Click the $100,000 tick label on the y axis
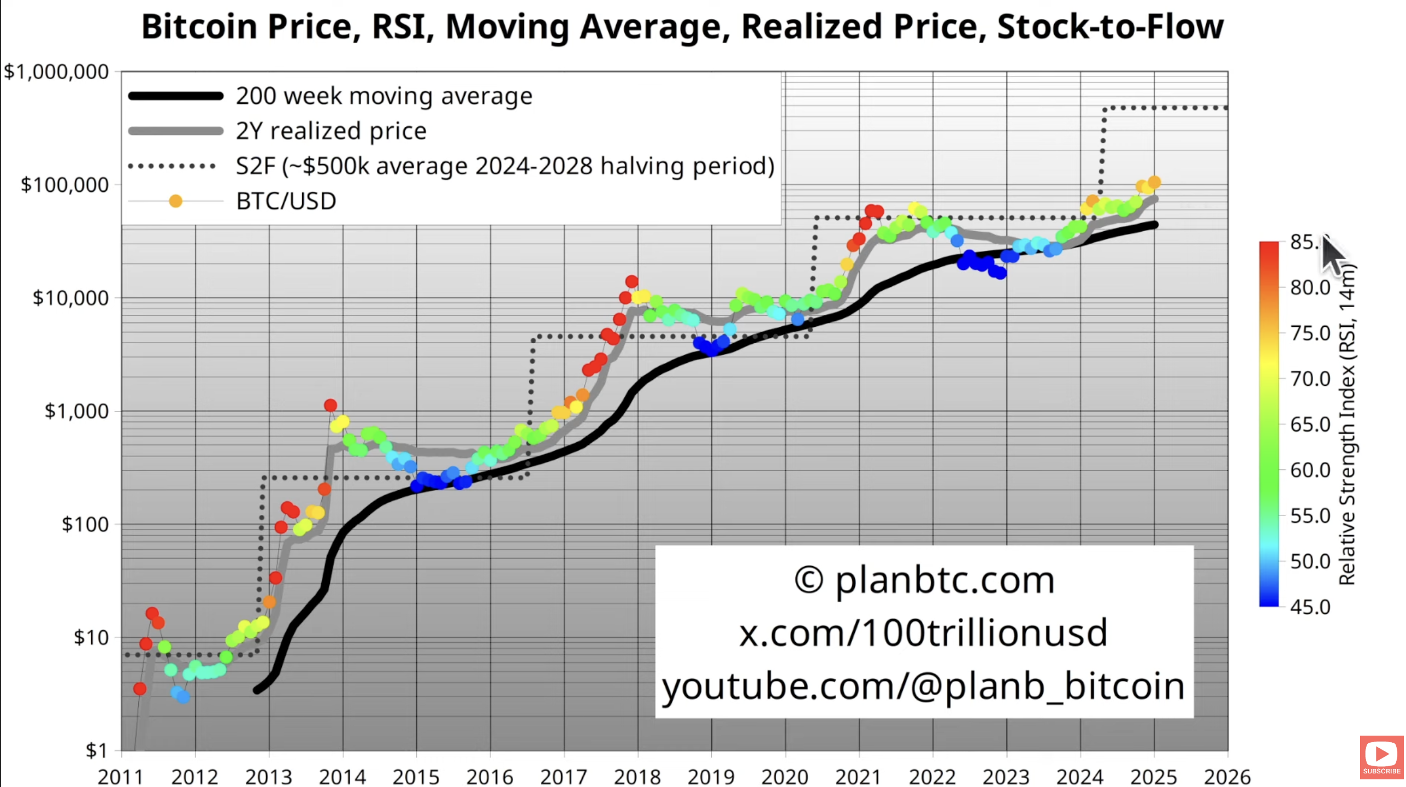tap(64, 185)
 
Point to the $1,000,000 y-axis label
tap(56, 72)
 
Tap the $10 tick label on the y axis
tap(91, 637)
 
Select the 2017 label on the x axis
tap(563, 776)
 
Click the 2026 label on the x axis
tap(1227, 776)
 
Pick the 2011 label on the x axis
tap(121, 776)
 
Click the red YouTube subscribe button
tap(1381, 757)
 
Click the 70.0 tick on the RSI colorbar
tap(1310, 378)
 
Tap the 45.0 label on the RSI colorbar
tap(1310, 607)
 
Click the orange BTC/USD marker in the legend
tap(175, 201)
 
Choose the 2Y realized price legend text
tap(331, 131)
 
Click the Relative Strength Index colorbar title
tap(1347, 424)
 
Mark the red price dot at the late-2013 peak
tap(330, 406)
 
